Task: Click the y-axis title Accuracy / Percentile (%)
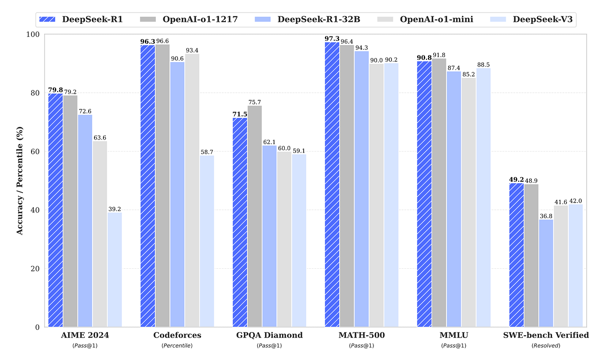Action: (x=20, y=180)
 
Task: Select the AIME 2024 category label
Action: (x=85, y=335)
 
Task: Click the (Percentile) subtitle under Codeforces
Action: (x=177, y=346)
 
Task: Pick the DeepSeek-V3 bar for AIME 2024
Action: (x=115, y=270)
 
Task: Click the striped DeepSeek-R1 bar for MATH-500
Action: (x=332, y=189)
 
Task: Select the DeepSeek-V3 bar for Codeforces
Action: (x=207, y=243)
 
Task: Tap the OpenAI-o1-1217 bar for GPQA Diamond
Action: (x=255, y=216)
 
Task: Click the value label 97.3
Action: (x=332, y=39)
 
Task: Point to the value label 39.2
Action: (x=115, y=209)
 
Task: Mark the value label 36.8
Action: (x=546, y=216)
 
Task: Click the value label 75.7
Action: (x=255, y=102)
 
